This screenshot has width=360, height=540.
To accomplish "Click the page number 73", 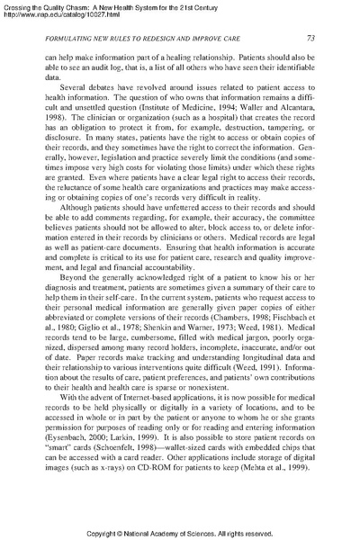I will (309, 37).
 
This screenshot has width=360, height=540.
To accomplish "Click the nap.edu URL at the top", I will (50, 13).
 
